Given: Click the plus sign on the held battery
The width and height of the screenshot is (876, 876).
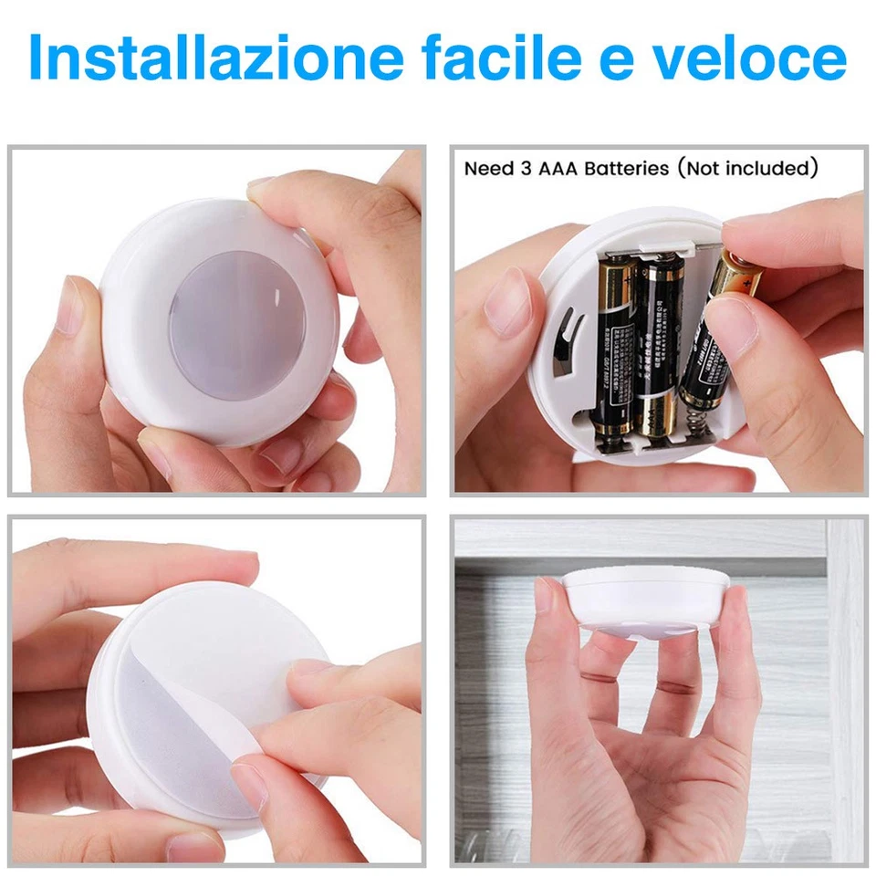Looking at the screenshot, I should pos(750,286).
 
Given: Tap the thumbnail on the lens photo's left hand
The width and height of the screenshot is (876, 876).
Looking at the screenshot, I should pos(69,310).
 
